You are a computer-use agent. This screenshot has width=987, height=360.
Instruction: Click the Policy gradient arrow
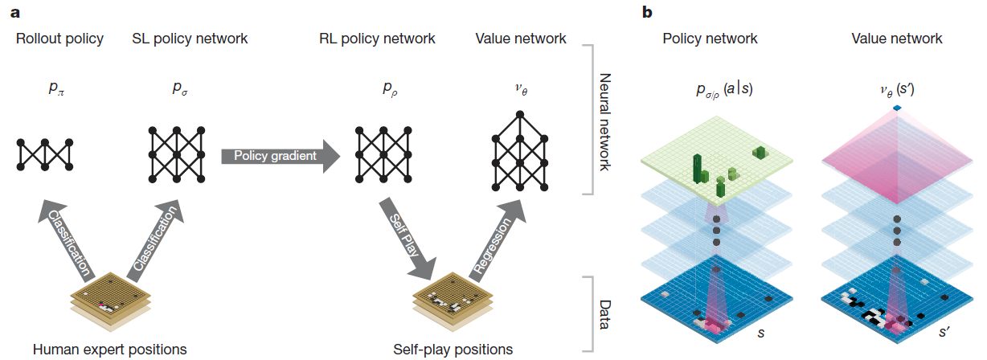click(281, 156)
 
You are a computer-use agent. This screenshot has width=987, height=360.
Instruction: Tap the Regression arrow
click(497, 240)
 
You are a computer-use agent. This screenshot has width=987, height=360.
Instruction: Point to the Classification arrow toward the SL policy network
click(155, 240)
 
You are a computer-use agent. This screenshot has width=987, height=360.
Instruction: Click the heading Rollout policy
click(59, 39)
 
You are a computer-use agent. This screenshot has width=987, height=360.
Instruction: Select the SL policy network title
click(190, 39)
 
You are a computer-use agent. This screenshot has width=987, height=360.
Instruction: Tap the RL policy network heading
click(377, 39)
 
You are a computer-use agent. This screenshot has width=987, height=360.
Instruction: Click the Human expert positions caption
click(110, 350)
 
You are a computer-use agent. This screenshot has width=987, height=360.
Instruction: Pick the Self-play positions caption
click(453, 350)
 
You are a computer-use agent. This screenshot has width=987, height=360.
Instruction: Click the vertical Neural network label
click(605, 122)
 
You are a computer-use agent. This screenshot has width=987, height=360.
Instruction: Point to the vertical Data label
click(605, 315)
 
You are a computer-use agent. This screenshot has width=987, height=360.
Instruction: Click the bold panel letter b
click(647, 12)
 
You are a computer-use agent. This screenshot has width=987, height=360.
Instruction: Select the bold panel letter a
click(15, 13)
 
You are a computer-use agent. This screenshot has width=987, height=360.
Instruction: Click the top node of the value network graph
click(520, 115)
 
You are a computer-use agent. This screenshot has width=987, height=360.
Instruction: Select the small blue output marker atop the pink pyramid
click(897, 108)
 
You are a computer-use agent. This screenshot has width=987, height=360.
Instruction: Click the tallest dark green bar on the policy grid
click(697, 168)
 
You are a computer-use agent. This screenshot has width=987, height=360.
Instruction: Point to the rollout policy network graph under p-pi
click(44, 154)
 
